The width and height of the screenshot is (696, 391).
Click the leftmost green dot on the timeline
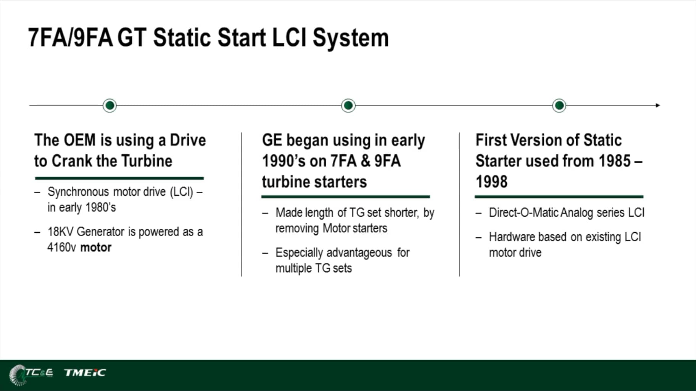click(110, 105)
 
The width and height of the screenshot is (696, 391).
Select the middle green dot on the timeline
click(348, 105)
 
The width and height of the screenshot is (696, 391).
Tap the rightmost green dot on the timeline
click(559, 105)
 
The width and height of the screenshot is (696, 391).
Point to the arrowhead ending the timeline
click(658, 105)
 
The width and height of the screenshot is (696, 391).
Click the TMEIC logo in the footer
click(85, 372)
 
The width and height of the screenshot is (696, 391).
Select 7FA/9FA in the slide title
click(70, 38)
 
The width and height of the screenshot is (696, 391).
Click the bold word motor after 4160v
click(96, 247)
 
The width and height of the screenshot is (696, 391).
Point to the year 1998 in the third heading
click(491, 181)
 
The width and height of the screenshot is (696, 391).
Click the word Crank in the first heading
click(72, 161)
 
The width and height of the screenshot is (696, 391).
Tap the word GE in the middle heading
click(272, 140)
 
